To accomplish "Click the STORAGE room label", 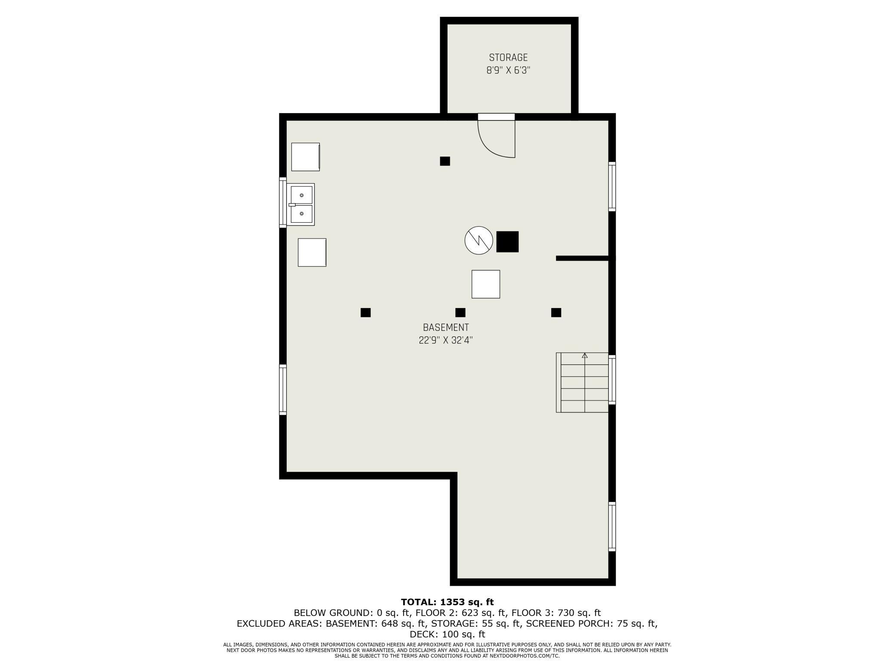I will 508,58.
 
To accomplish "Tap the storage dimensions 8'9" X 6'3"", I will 508,71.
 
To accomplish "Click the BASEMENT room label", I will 446,327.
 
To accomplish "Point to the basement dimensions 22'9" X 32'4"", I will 446,340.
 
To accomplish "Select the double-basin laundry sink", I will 301,204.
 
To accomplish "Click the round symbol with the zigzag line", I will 478,240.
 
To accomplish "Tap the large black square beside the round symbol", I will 507,242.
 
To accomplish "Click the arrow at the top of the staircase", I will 584,356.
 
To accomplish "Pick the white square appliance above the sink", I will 306,157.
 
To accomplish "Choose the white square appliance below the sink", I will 312,252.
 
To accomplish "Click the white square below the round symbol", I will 486,284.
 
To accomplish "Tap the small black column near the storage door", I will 445,161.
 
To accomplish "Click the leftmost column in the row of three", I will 365,313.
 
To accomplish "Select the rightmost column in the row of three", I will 556,313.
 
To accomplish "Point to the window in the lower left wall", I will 283,390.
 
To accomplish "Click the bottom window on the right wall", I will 612,526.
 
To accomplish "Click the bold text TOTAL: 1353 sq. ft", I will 447,602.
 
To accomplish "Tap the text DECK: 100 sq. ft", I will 447,634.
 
